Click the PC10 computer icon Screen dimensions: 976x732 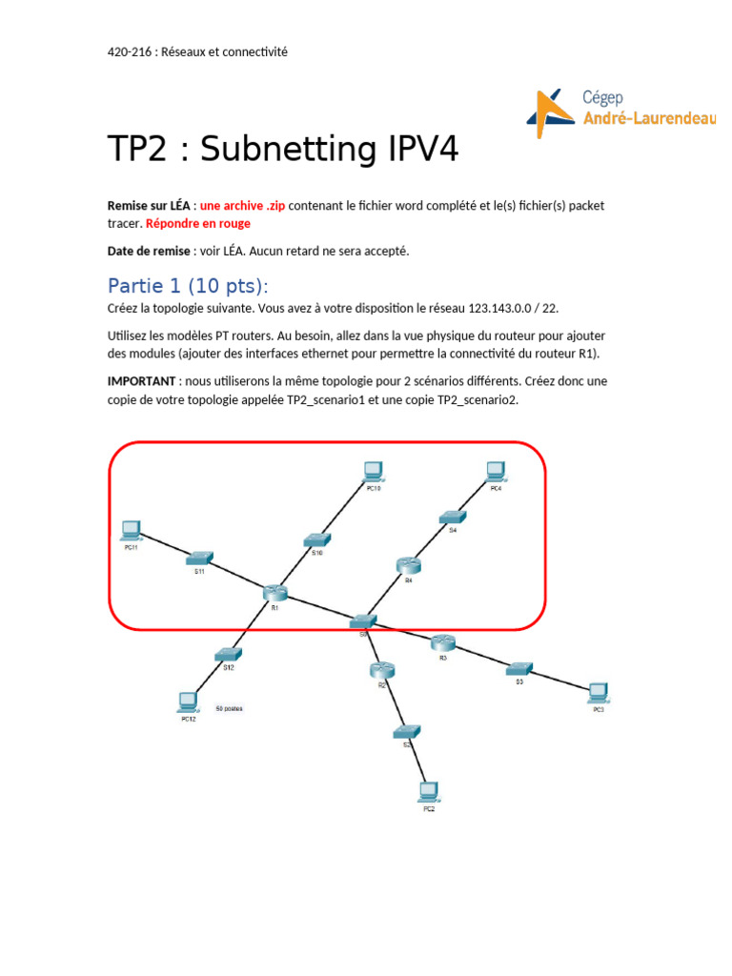click(x=373, y=471)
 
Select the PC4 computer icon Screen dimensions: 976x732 click(x=495, y=471)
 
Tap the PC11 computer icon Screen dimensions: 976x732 click(x=131, y=531)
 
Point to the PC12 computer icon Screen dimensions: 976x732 click(x=188, y=703)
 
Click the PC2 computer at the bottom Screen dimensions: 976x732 click(x=428, y=792)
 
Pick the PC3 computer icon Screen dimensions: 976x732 click(x=598, y=693)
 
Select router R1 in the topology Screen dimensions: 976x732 click(x=274, y=593)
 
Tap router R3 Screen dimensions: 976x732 click(x=442, y=643)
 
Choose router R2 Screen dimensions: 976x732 click(x=381, y=671)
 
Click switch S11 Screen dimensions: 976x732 click(x=200, y=559)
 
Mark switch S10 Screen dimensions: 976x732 click(x=317, y=539)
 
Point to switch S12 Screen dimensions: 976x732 click(x=228, y=655)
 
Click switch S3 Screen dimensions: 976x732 click(x=519, y=669)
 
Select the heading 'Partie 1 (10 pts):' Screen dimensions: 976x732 click(x=188, y=286)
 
